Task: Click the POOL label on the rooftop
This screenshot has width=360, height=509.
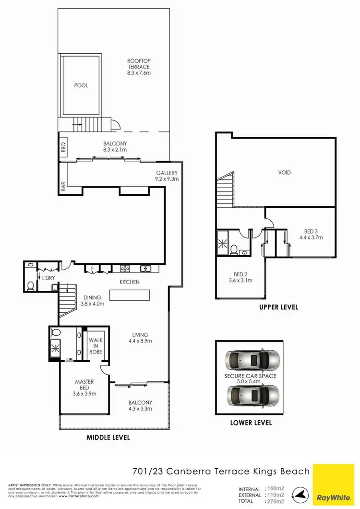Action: [x=81, y=85]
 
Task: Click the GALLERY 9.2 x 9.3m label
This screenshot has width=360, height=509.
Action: [x=167, y=176]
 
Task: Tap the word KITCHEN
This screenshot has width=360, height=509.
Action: [x=130, y=282]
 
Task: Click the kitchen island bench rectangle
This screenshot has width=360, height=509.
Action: [x=130, y=294]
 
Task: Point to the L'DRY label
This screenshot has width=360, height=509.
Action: [x=47, y=278]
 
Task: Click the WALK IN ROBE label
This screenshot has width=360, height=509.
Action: [x=96, y=346]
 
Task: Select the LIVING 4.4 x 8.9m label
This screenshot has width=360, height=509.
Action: [x=141, y=338]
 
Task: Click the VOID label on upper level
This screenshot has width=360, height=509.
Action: [x=285, y=173]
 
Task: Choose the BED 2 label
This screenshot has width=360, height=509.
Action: [x=240, y=277]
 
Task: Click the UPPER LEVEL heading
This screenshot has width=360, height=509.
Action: [x=278, y=307]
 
